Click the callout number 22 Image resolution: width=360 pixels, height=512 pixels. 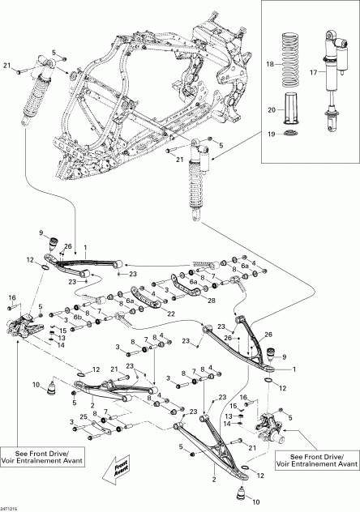coord(171,314)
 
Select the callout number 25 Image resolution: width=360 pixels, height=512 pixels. coord(84,417)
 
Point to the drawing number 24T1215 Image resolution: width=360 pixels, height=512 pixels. coord(11,507)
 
